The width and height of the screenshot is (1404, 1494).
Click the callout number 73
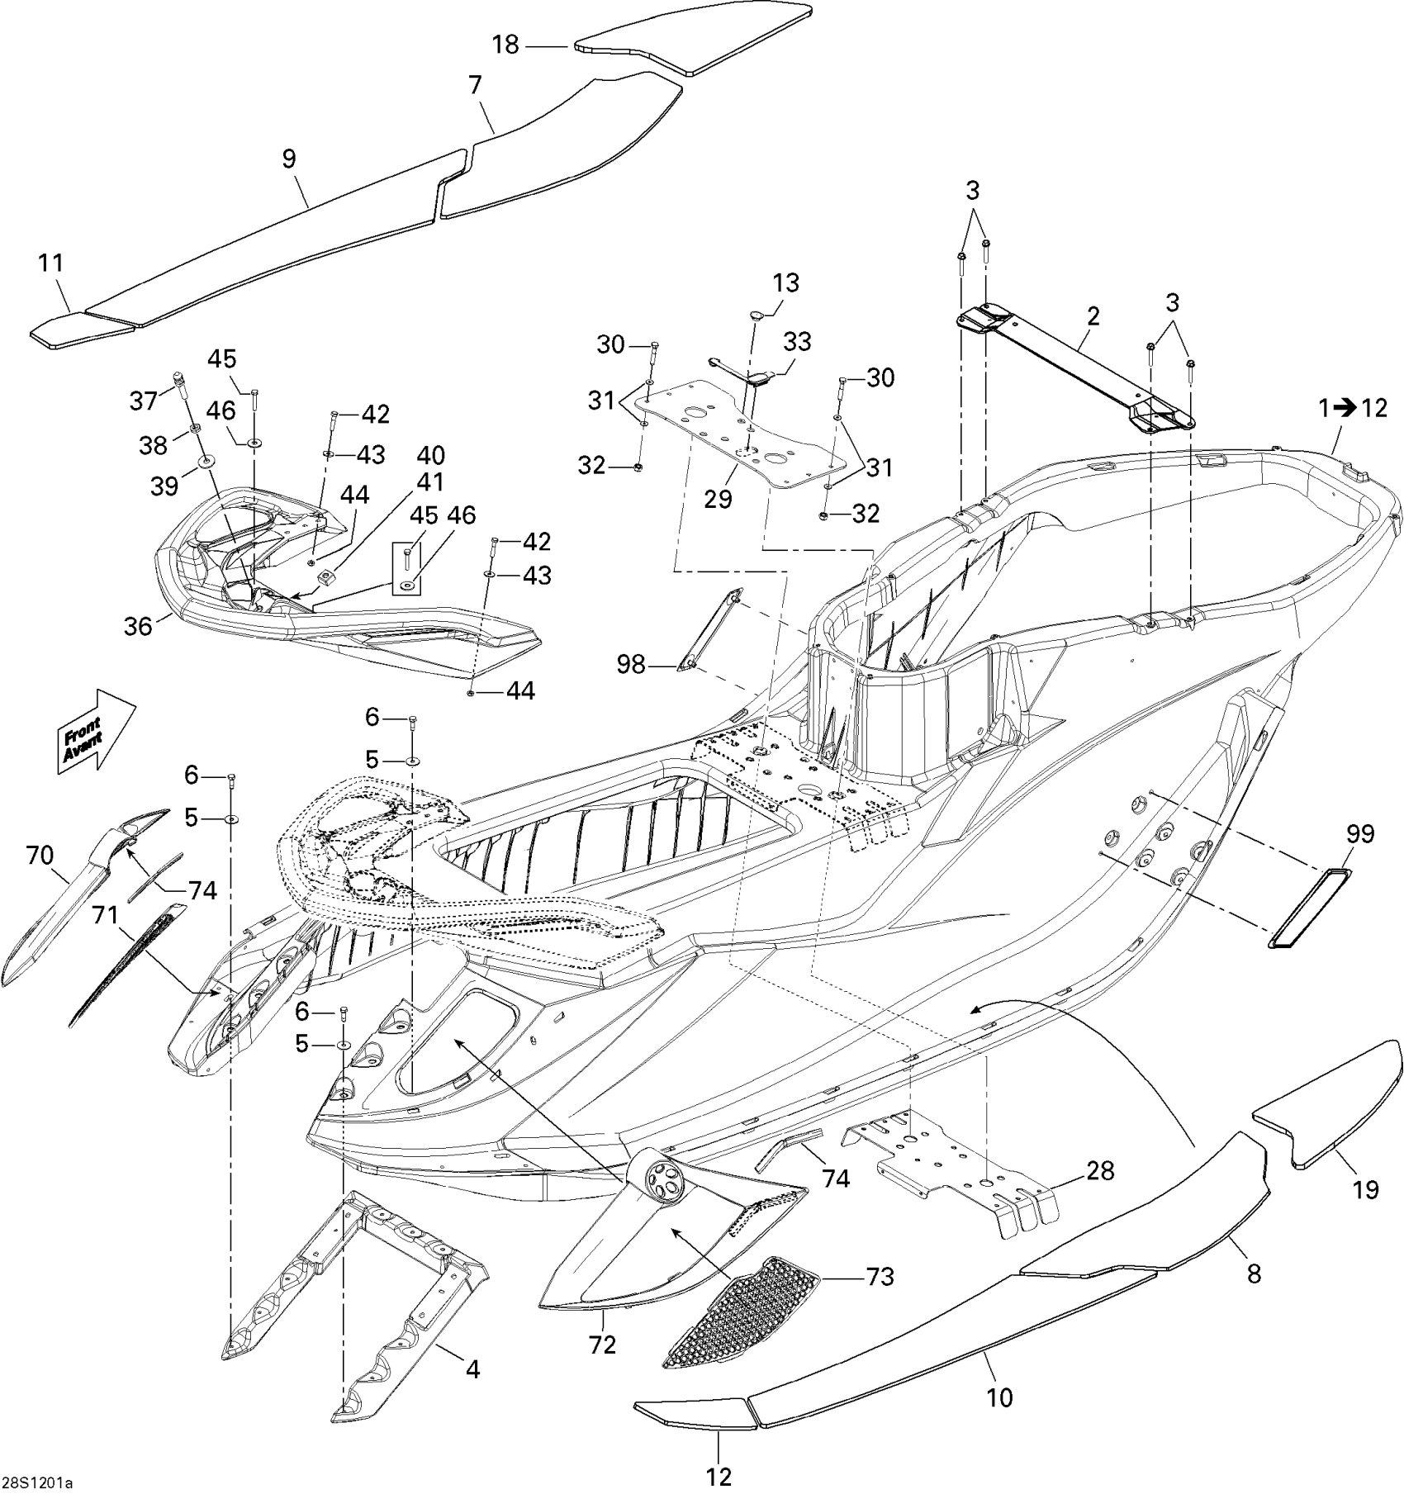(880, 1276)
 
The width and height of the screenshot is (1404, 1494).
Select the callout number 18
(505, 45)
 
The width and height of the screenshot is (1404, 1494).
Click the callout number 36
(138, 626)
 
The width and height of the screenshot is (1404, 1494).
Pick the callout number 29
(719, 499)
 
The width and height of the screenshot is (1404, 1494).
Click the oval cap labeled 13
(756, 315)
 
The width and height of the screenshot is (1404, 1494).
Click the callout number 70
(40, 856)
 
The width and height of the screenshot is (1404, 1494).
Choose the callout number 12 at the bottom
(719, 1475)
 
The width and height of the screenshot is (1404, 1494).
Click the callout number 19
(1366, 1190)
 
